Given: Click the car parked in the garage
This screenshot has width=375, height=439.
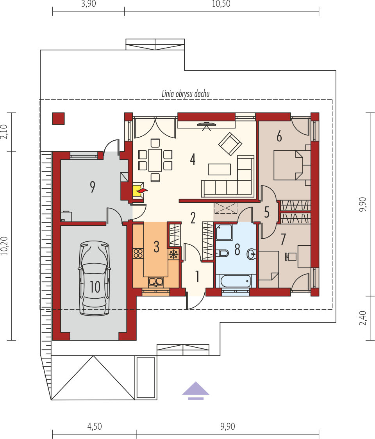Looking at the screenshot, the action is coord(95,278).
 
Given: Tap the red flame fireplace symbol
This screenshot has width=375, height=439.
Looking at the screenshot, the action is coord(142,191).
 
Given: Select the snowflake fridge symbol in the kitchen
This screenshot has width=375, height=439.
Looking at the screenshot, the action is coord(173,254).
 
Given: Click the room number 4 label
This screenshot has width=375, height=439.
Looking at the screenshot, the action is coord(193,160).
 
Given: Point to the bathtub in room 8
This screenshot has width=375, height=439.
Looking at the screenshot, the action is coord(235,281).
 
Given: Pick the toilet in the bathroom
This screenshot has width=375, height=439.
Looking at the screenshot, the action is coord(222,253).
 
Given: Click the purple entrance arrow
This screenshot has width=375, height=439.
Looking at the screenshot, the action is coord(195,391).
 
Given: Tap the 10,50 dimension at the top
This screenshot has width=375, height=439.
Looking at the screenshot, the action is coord(221,4).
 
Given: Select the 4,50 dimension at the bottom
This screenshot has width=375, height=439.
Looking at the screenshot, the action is coord(95,427).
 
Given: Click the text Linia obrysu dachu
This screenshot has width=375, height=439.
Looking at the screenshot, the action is coord(186,94).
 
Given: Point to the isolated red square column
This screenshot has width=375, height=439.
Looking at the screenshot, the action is coord(58,118).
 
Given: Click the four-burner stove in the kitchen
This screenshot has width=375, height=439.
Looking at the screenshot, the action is coord(138,253).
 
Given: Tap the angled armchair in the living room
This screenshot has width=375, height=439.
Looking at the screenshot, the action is coord(230,144).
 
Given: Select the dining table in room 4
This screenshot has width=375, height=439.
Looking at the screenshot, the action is coord(155,160).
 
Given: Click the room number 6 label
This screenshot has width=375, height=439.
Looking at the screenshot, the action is coord(279,137).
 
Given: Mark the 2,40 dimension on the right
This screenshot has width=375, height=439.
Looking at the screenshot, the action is coord(362,318).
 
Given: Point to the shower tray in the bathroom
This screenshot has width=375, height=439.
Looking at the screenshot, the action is coord(224,232).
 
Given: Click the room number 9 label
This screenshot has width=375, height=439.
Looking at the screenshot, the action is coord(93,187).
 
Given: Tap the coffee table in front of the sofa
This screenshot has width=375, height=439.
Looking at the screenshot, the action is coord(219,170).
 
